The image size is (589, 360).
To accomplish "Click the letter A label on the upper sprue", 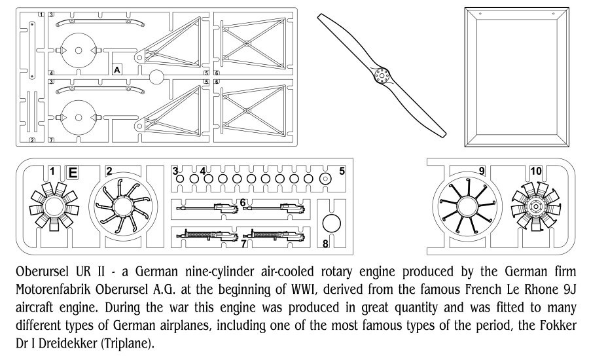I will pyautogui.click(x=117, y=69).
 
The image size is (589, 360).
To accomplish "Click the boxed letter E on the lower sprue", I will pyautogui.click(x=73, y=172).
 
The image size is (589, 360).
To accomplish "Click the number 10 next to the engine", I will pyautogui.click(x=536, y=171).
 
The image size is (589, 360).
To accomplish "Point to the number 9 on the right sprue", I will pyautogui.click(x=482, y=171).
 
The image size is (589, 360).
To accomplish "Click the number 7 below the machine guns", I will pyautogui.click(x=243, y=243).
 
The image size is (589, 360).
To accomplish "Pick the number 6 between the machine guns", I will pyautogui.click(x=243, y=202).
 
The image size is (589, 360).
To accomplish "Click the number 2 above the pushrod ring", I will pyautogui.click(x=109, y=171).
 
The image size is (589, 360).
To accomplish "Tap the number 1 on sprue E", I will pyautogui.click(x=52, y=171).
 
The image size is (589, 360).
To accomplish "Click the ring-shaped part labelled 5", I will pyautogui.click(x=325, y=178).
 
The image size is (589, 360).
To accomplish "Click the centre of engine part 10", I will pyautogui.click(x=537, y=207).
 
